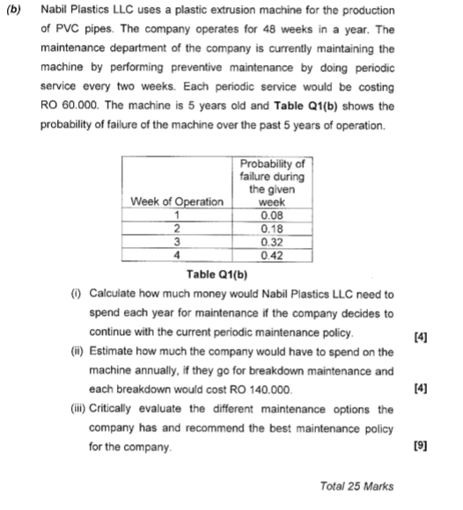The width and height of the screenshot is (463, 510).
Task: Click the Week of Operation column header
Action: point(177,201)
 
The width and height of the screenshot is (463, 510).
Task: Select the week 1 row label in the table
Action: point(177,215)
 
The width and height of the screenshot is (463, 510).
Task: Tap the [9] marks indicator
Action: point(419,448)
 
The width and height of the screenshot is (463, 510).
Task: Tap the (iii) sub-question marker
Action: point(76,409)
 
